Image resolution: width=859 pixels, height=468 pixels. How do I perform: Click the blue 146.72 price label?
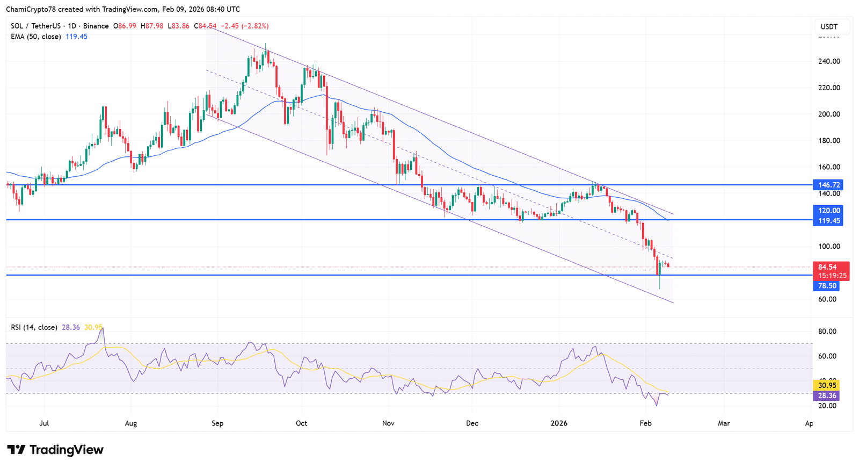pyautogui.click(x=827, y=185)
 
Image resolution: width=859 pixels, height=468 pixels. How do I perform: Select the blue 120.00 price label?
pyautogui.click(x=827, y=211)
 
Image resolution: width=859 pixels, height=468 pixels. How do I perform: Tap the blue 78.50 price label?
pyautogui.click(x=827, y=286)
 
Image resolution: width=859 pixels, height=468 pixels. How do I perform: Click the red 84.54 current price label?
pyautogui.click(x=827, y=267)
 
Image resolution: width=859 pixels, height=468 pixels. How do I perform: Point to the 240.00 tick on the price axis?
pyautogui.click(x=829, y=61)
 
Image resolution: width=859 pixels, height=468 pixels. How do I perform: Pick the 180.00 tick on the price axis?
pyautogui.click(x=829, y=141)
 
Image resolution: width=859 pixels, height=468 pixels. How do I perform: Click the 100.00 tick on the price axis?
pyautogui.click(x=829, y=247)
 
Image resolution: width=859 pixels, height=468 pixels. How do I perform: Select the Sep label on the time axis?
pyautogui.click(x=217, y=423)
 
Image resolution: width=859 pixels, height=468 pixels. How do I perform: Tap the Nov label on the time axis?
pyautogui.click(x=388, y=423)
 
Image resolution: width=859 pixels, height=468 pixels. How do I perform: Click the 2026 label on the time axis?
pyautogui.click(x=559, y=423)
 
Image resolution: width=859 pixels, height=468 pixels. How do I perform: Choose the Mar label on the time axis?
pyautogui.click(x=724, y=423)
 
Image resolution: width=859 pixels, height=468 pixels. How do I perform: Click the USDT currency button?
pyautogui.click(x=829, y=27)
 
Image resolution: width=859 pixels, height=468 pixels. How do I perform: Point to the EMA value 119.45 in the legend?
pyautogui.click(x=76, y=37)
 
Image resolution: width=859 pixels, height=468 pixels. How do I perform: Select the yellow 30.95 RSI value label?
pyautogui.click(x=827, y=385)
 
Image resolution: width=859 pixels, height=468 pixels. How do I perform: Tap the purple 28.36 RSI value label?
pyautogui.click(x=827, y=395)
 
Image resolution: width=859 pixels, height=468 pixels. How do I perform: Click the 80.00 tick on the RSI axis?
pyautogui.click(x=827, y=332)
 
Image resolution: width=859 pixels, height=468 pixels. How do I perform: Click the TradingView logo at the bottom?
pyautogui.click(x=55, y=450)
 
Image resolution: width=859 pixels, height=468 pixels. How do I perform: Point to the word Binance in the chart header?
pyautogui.click(x=96, y=26)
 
